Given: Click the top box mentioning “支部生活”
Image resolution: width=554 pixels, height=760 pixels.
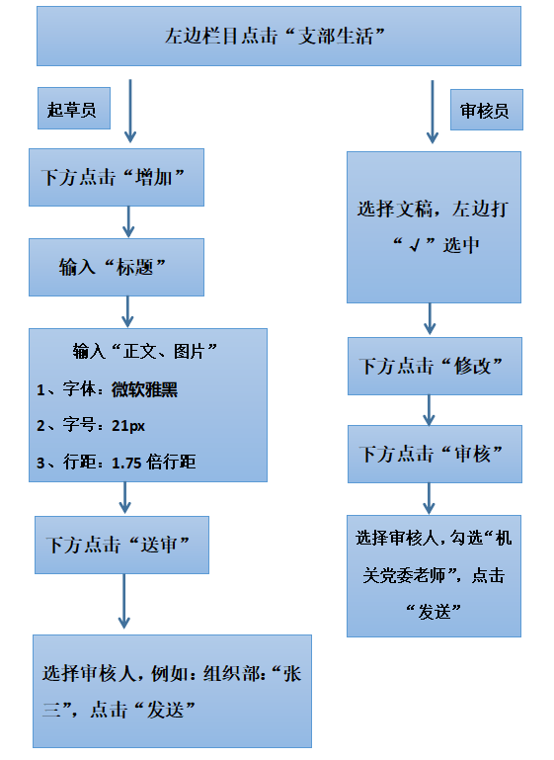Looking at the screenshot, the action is click(x=278, y=36).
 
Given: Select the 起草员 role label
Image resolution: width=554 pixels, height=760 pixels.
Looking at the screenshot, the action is click(x=74, y=108).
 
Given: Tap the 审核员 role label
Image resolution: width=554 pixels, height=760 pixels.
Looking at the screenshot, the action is click(x=487, y=110).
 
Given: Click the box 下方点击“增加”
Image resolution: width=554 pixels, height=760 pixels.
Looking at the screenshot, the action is click(x=117, y=177).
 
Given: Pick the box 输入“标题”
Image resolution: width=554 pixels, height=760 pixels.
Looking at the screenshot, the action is click(x=117, y=267).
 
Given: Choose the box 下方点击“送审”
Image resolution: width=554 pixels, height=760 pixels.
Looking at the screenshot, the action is click(x=121, y=545).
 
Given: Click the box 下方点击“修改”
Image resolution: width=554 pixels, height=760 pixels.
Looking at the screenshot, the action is click(x=435, y=366).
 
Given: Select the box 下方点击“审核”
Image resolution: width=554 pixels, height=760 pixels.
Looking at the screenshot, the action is click(x=435, y=455).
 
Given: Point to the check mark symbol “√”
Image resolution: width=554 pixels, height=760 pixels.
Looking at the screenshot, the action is click(x=414, y=246).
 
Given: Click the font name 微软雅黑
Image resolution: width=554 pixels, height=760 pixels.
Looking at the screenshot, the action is click(x=144, y=389).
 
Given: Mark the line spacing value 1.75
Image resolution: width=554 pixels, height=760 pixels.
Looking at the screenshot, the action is click(x=126, y=463).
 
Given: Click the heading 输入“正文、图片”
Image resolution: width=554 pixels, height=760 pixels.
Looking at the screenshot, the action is click(x=145, y=351).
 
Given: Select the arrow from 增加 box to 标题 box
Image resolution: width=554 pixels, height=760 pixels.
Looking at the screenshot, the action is click(x=128, y=222).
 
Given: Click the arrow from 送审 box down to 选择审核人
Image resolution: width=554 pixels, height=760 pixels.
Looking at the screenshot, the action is click(x=124, y=601).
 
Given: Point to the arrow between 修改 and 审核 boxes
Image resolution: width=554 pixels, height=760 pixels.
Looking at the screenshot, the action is click(x=429, y=410).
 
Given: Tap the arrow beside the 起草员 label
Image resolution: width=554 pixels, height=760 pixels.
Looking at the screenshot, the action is click(x=130, y=111).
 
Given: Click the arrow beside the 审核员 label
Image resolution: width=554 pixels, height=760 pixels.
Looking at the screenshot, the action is click(x=433, y=112).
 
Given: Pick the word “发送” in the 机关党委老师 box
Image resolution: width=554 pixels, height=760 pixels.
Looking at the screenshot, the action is click(x=434, y=612).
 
